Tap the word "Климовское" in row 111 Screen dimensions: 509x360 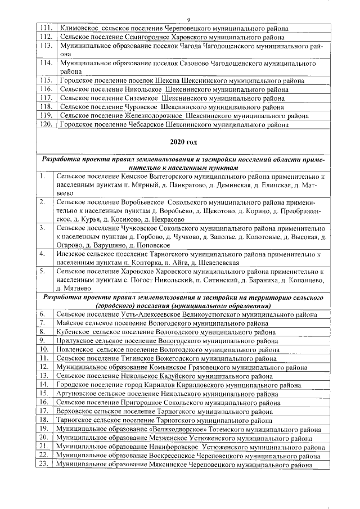(x=80, y=28)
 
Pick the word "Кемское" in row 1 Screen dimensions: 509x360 (x=134, y=177)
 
